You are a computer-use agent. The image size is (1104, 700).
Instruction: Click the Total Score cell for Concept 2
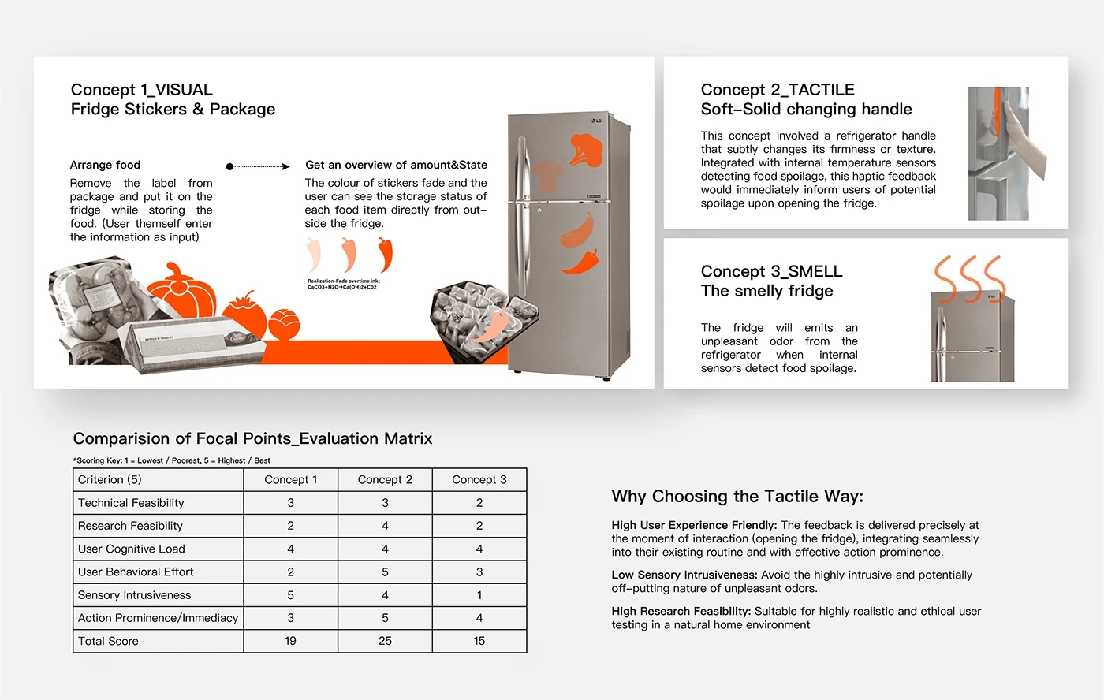[x=385, y=641]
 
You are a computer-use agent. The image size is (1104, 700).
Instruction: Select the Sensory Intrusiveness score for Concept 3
[x=479, y=595]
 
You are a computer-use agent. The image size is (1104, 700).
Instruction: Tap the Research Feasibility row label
[x=130, y=526]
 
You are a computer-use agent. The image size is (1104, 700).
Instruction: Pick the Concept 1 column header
[x=290, y=479]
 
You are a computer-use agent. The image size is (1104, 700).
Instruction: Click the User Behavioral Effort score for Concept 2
[x=385, y=572]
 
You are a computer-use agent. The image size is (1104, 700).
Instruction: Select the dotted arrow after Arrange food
[x=259, y=166]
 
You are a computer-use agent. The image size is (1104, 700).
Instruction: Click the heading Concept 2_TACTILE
[x=777, y=90]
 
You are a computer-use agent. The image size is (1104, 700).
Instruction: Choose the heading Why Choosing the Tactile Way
[x=737, y=496]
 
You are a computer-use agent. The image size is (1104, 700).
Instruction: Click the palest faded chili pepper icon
[x=314, y=255]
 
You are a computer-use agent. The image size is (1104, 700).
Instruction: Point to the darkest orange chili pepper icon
[x=385, y=255]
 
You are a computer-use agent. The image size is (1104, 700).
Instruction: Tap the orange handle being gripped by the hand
[x=998, y=110]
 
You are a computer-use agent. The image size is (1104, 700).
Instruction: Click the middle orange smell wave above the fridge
[x=970, y=278]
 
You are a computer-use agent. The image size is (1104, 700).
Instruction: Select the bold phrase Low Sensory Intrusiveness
[x=684, y=575]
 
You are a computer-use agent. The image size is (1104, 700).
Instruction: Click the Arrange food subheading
[x=105, y=165]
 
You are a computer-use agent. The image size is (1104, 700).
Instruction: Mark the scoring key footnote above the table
[x=171, y=460]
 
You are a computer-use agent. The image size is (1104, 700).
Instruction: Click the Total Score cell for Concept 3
[x=479, y=641]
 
